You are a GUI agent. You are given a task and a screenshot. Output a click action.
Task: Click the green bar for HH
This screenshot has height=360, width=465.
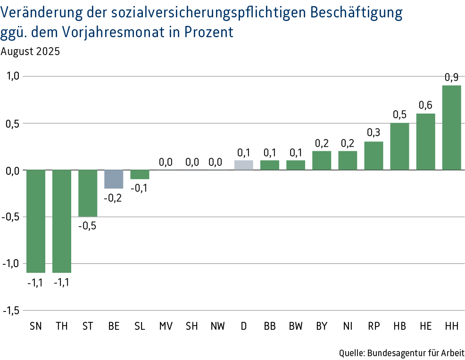[x=451, y=127]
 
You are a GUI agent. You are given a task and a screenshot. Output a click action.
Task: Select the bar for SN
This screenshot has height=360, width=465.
[x=36, y=221]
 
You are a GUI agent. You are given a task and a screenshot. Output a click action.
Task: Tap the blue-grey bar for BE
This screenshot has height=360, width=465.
[x=114, y=179]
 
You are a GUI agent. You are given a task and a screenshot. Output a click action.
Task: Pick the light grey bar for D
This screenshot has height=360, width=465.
[x=244, y=165]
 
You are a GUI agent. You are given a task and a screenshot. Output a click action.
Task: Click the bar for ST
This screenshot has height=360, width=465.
[x=88, y=193]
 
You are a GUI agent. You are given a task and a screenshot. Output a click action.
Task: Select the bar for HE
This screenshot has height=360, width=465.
[x=425, y=141]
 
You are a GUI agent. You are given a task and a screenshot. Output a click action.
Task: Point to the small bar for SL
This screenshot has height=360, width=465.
[x=140, y=174]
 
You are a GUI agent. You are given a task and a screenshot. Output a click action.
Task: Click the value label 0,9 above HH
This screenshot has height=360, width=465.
[x=451, y=77]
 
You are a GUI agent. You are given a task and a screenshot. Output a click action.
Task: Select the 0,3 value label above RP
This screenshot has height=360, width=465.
[x=374, y=133]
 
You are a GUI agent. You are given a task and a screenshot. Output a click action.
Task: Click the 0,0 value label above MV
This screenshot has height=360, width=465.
[x=166, y=162]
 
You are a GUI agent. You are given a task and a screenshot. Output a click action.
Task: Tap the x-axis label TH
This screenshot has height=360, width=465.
[x=62, y=326]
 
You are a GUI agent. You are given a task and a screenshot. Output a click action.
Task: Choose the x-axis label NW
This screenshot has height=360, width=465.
[x=217, y=326]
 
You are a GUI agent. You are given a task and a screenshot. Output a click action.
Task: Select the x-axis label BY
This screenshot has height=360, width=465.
[x=322, y=326]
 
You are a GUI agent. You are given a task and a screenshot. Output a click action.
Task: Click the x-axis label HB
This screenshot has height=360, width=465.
[x=399, y=326]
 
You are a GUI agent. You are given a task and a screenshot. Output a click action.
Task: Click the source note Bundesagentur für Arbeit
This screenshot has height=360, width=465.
[x=415, y=352]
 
